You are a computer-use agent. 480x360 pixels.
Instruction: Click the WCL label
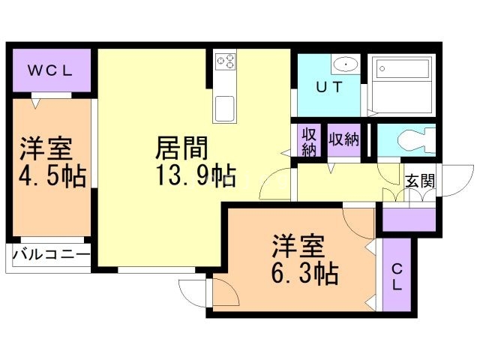click(49, 71)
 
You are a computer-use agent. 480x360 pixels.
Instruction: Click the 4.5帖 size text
click(50, 178)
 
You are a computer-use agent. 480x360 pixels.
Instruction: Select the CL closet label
click(397, 278)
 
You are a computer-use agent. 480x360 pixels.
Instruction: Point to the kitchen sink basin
click(226, 107)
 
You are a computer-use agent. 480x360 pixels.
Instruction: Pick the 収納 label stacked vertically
click(308, 141)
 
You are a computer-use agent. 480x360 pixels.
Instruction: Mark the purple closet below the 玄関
click(409, 220)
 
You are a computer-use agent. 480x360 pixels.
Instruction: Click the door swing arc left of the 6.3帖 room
click(193, 288)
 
